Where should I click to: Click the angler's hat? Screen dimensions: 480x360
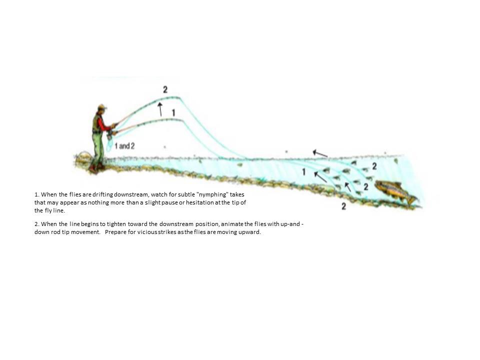click(x=102, y=107)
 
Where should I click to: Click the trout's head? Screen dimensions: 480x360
click(x=380, y=184)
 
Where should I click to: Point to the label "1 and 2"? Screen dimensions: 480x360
click(x=124, y=146)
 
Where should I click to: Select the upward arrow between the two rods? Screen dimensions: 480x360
click(x=160, y=109)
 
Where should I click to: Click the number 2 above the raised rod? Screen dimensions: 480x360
click(x=165, y=89)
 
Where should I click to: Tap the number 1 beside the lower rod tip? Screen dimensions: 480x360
click(x=173, y=112)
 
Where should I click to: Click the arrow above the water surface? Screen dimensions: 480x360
click(x=320, y=153)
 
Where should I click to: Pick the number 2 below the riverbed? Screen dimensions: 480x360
click(x=344, y=206)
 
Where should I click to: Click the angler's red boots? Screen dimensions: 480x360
click(x=96, y=167)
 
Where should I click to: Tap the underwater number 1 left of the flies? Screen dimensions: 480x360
click(x=303, y=172)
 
